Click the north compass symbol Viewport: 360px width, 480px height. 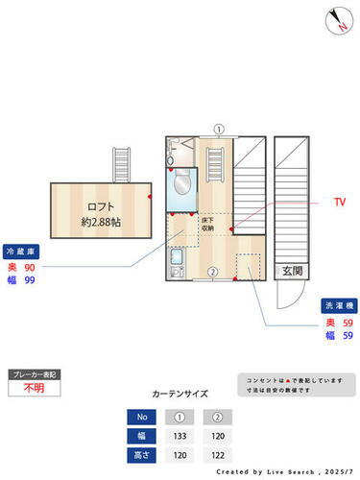338,20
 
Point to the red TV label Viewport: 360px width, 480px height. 338,204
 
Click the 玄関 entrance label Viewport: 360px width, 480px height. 292,272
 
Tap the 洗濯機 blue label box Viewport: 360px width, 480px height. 337,305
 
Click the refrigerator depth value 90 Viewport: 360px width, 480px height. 30,266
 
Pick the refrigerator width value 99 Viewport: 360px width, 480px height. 30,280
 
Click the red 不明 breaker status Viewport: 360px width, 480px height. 34,389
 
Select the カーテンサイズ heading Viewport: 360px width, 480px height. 180,394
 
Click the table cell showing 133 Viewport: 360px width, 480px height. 179,435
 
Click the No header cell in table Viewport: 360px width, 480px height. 142,417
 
